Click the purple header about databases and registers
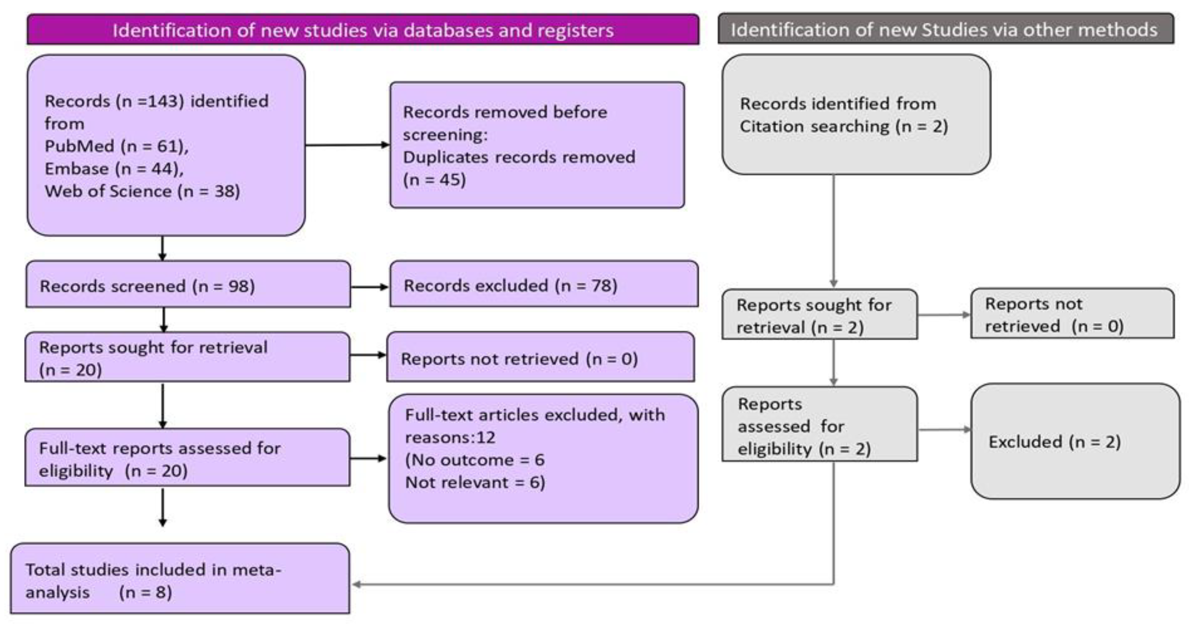tap(363, 30)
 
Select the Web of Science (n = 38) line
tap(142, 191)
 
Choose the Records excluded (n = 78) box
tap(543, 285)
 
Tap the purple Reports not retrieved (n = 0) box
tap(540, 358)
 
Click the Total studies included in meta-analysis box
tap(180, 580)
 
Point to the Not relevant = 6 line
tap(475, 483)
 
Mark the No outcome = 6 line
tap(475, 460)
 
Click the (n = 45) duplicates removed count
tap(434, 180)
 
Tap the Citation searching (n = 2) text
tap(843, 126)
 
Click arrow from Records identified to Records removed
tap(347, 145)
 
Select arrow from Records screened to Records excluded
tap(369, 287)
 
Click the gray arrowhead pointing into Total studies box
tap(356, 584)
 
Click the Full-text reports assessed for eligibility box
tap(187, 459)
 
